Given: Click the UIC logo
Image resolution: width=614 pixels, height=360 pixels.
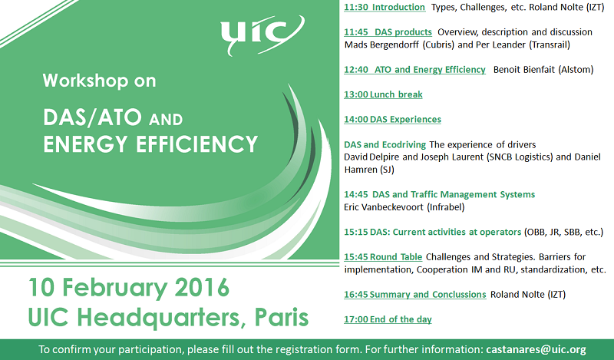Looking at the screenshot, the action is point(262,35).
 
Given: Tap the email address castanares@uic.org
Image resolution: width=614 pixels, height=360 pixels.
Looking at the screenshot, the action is point(536,349).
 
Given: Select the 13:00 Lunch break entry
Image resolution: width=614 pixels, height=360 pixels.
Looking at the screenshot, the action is point(383,94).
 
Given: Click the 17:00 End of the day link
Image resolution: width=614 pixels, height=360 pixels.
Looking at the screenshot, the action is point(388,319).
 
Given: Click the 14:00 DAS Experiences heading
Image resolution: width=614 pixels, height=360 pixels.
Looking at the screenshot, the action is point(392,119).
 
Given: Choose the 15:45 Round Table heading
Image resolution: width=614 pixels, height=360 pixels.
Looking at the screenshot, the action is point(383,257).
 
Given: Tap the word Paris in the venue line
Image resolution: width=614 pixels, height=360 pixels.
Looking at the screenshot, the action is point(282,317).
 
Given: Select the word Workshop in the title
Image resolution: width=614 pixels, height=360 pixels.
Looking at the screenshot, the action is point(85,81).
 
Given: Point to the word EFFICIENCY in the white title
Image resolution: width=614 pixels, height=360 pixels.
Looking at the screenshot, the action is point(196,144).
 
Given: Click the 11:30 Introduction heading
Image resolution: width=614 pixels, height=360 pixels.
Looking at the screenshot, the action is point(385,7).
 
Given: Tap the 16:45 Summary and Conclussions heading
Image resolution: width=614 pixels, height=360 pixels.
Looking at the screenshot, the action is point(415,294).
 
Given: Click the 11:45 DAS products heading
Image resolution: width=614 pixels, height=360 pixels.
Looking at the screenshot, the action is point(388,31).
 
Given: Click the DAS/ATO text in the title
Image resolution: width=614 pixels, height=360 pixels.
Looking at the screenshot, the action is point(92,117).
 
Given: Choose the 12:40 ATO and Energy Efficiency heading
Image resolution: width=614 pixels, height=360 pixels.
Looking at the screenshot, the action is point(414,69).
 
